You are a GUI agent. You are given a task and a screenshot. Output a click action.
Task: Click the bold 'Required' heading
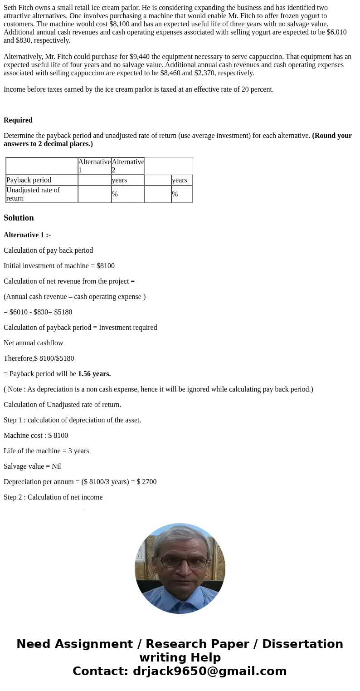coord(18,120)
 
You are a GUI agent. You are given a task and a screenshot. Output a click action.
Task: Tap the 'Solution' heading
coord(19,218)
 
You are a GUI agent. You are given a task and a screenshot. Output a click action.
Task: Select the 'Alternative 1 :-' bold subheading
coord(27,235)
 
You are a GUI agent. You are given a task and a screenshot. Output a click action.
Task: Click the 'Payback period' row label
coord(29,180)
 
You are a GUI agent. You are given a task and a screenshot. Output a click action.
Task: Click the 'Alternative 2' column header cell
coord(128,166)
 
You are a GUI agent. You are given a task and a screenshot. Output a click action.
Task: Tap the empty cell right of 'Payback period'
coord(94,180)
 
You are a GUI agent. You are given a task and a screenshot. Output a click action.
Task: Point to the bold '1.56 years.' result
coord(94,374)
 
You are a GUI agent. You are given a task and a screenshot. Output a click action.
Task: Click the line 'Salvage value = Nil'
coord(32,466)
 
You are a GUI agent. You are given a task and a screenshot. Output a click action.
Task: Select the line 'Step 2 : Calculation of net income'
coord(53,497)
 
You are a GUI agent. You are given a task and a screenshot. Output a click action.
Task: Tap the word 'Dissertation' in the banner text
coord(302,644)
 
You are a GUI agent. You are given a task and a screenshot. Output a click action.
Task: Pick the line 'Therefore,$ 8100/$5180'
coord(39,358)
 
